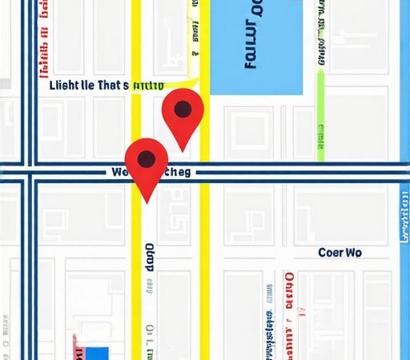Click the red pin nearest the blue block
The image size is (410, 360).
click(x=183, y=116)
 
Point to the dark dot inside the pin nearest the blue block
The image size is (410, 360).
click(x=183, y=109)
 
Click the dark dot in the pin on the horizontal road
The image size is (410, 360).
click(x=147, y=158)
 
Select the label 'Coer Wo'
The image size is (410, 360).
click(x=340, y=253)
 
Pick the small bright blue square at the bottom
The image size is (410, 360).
click(x=98, y=353)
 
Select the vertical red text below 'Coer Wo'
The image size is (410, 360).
click(x=289, y=300)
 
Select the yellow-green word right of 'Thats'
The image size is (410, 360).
click(x=148, y=86)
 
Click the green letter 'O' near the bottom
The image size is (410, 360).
click(x=149, y=327)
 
